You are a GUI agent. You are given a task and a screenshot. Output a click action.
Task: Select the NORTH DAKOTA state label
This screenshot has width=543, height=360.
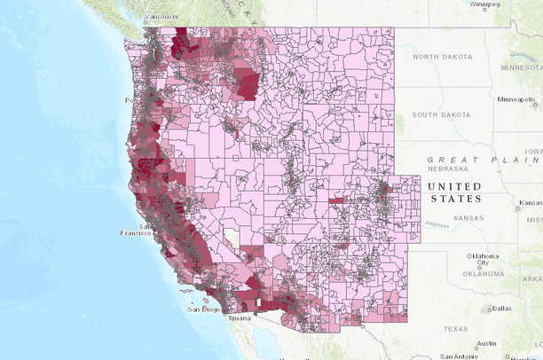point(437,57)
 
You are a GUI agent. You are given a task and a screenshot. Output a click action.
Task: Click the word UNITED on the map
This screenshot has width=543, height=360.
point(454,186)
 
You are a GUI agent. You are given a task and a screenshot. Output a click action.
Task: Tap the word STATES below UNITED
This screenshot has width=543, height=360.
point(454,200)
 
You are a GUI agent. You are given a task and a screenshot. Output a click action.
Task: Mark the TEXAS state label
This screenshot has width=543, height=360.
point(454,328)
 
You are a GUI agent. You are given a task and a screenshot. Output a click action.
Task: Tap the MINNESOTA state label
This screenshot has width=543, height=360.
point(520,67)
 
